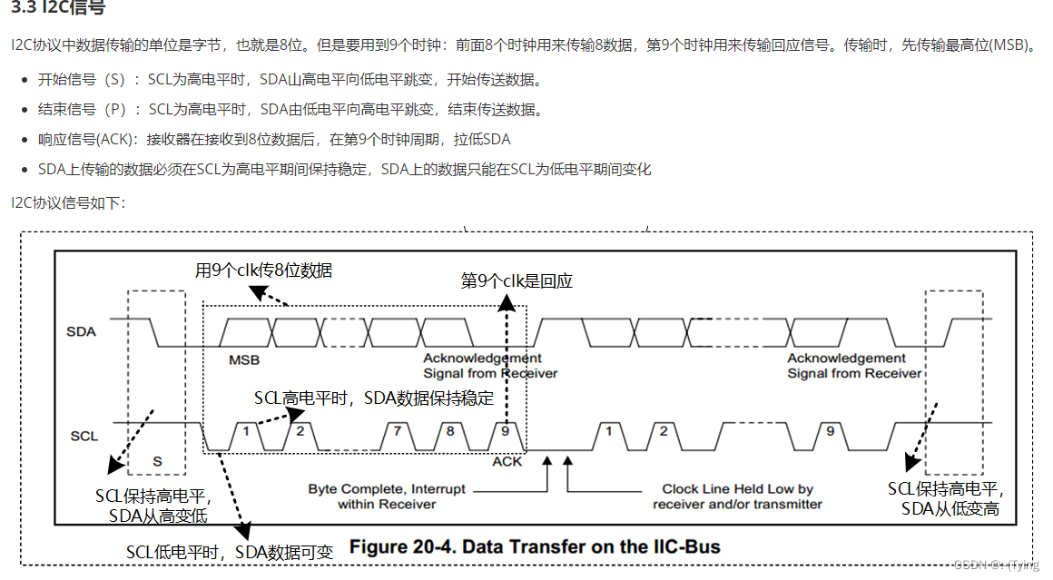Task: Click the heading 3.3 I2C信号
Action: click(57, 9)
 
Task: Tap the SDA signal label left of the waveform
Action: click(81, 331)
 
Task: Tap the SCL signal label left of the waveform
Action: click(84, 436)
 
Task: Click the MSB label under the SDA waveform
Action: click(243, 359)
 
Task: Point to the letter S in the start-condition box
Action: click(157, 461)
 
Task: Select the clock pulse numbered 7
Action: click(396, 431)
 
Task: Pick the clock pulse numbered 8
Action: click(449, 431)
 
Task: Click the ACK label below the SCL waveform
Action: click(507, 461)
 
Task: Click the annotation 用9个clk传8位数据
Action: click(264, 270)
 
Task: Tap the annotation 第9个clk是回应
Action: click(517, 281)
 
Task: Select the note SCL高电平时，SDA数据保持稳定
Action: click(374, 398)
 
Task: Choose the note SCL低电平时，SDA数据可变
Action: click(230, 552)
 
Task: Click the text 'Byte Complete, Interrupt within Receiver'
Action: click(387, 496)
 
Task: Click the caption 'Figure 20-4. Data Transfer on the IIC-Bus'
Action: click(535, 546)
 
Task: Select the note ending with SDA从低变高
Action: click(950, 499)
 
